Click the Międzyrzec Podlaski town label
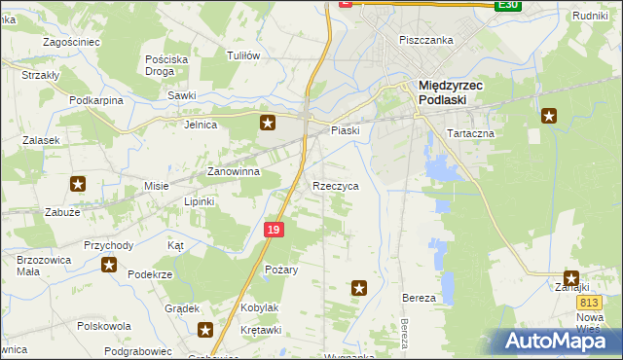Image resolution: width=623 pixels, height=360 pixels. (x=458, y=91)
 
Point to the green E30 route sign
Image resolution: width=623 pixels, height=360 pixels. (x=507, y=5)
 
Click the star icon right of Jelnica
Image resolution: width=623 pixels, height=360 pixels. (x=269, y=123)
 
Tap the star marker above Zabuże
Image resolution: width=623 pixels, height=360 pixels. (x=78, y=183)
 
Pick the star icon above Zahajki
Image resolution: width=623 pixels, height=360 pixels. (x=570, y=277)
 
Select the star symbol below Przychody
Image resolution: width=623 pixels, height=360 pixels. (x=109, y=265)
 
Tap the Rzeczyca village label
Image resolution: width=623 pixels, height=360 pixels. (x=336, y=185)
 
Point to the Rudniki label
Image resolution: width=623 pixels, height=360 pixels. (x=590, y=16)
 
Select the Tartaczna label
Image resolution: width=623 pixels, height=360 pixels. (x=470, y=132)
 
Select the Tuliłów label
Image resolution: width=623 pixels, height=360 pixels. (x=242, y=55)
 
